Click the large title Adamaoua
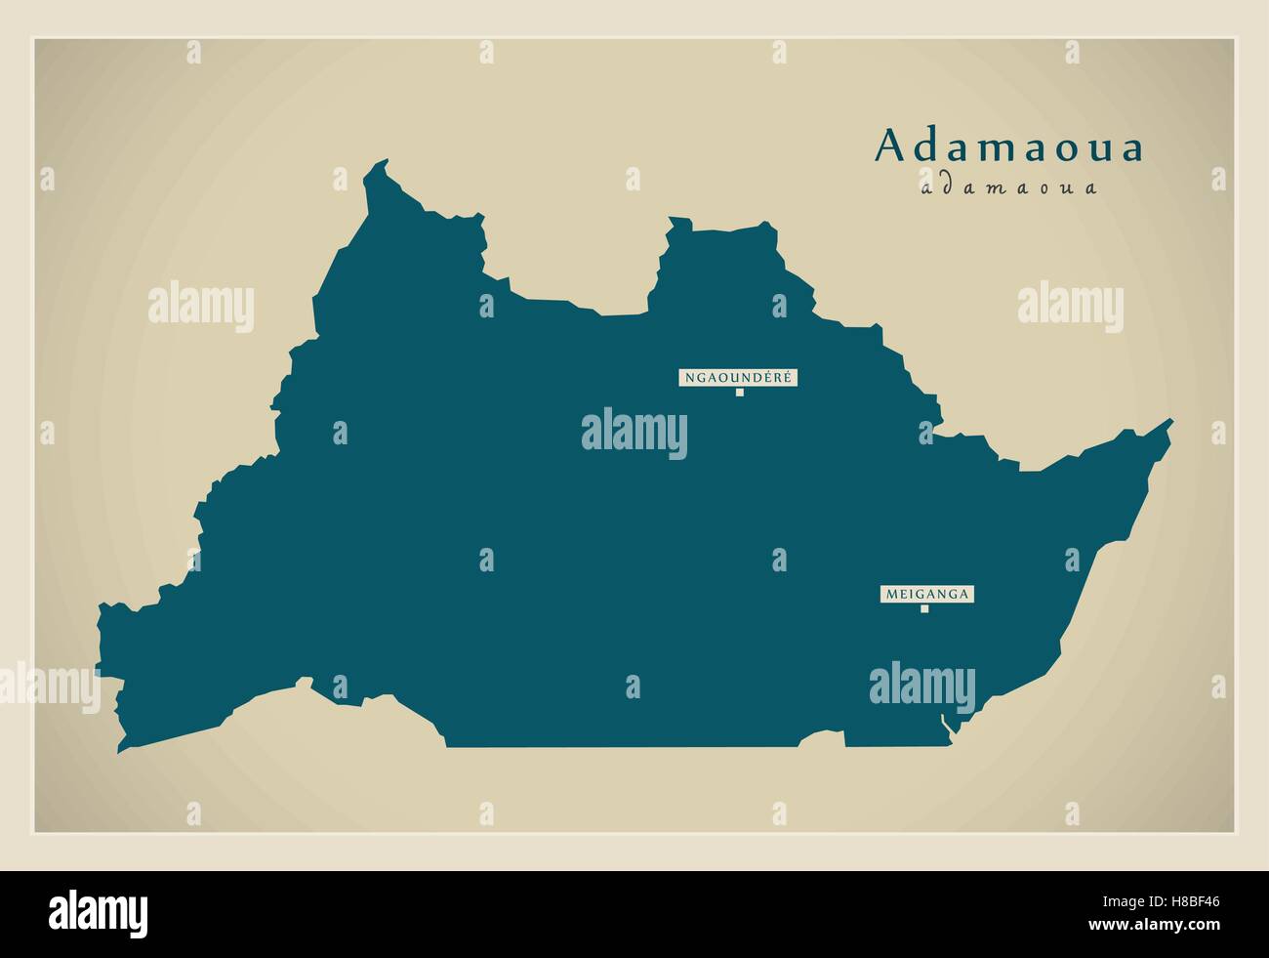(x=1009, y=146)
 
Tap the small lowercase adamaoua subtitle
(x=1008, y=187)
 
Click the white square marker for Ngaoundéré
(x=740, y=393)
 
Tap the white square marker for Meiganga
(x=923, y=609)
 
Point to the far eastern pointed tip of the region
(x=1170, y=422)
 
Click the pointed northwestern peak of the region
(x=385, y=162)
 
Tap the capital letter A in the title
(x=890, y=146)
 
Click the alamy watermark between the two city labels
(x=634, y=431)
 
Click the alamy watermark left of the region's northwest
(x=201, y=305)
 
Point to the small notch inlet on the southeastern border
(x=943, y=724)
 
